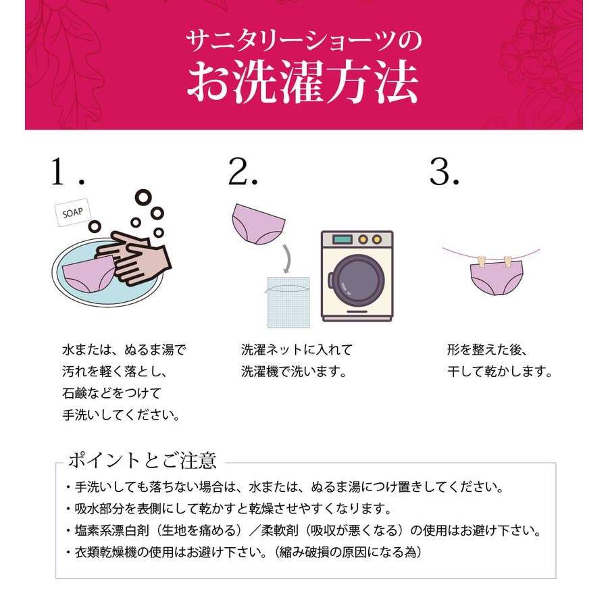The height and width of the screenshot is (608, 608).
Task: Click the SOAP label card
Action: coord(73,212)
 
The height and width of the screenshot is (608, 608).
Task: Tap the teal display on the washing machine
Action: coord(342,239)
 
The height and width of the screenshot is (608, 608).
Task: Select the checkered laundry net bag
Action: coord(288,303)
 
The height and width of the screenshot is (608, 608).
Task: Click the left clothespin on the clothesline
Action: coord(482,262)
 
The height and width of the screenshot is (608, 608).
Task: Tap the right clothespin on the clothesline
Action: coord(508,262)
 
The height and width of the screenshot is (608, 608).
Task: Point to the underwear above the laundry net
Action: coord(258,224)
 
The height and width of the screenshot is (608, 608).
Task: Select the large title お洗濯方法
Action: coord(303,82)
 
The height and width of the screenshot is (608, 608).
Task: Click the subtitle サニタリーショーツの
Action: coord(303,41)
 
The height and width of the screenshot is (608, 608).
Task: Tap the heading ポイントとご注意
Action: coord(142,460)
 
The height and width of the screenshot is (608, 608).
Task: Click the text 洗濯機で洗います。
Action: coord(294,372)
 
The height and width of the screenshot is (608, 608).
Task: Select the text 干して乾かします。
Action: coord(499,372)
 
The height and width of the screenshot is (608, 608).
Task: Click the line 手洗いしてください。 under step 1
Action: coord(121,415)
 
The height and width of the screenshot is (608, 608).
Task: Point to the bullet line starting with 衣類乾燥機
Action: coord(245,552)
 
